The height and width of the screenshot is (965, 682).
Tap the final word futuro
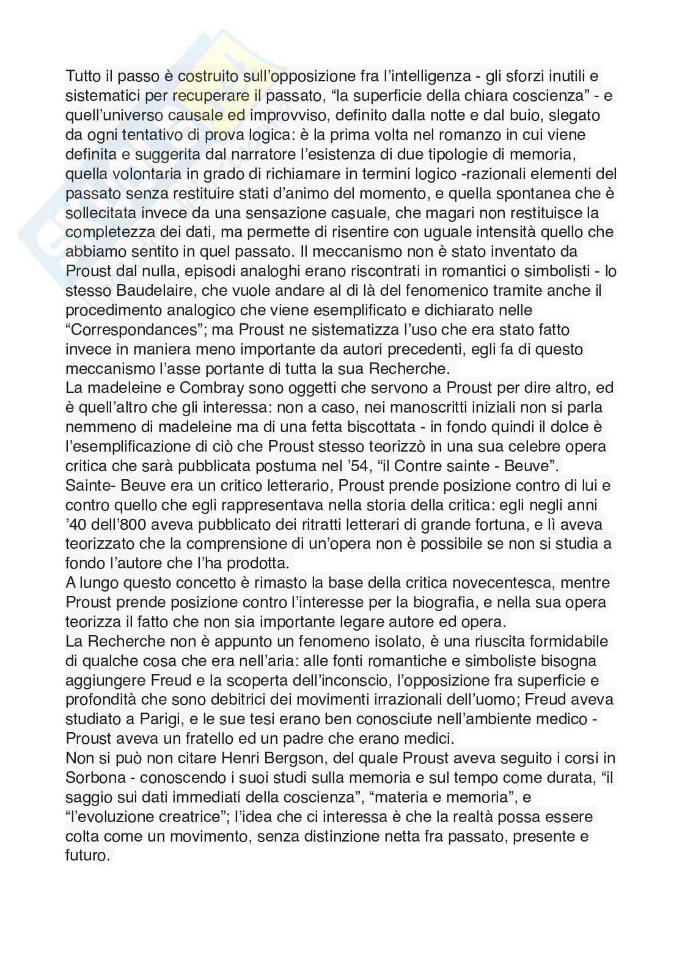(87, 855)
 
